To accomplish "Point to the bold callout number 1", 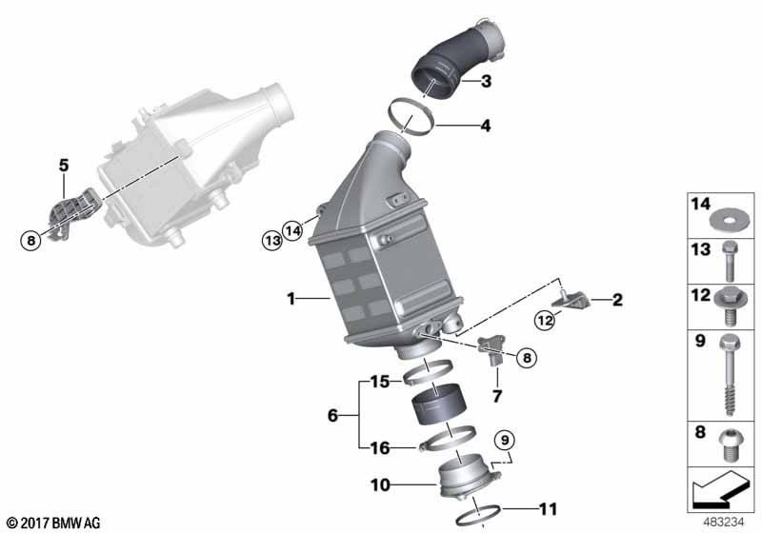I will tap(291, 299).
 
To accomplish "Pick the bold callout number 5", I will tap(64, 165).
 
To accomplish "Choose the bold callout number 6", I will tap(333, 415).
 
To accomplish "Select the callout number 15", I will tap(380, 382).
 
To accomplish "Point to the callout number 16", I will tap(380, 447).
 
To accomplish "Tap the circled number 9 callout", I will tap(504, 439).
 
